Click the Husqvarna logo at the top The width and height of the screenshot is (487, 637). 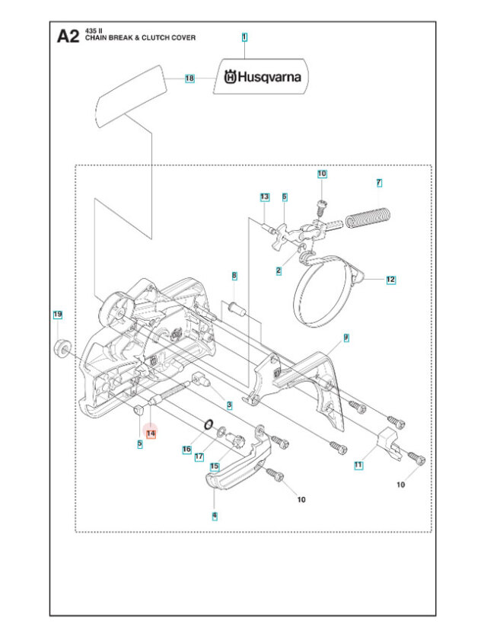[x=261, y=77]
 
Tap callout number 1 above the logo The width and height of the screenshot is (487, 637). [x=244, y=37]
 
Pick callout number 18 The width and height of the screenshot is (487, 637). [x=189, y=78]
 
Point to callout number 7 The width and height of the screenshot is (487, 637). [x=379, y=182]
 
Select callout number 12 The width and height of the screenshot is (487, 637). [x=390, y=280]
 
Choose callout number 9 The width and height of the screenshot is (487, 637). [x=345, y=337]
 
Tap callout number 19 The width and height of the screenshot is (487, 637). [x=57, y=314]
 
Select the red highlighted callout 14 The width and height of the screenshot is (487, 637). [x=151, y=433]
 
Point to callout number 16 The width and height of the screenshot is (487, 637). [x=186, y=450]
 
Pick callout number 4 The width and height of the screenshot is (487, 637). [x=215, y=515]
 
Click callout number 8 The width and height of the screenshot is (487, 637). [x=234, y=275]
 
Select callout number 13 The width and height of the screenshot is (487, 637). [x=264, y=197]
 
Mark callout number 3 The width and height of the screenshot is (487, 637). [x=229, y=403]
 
